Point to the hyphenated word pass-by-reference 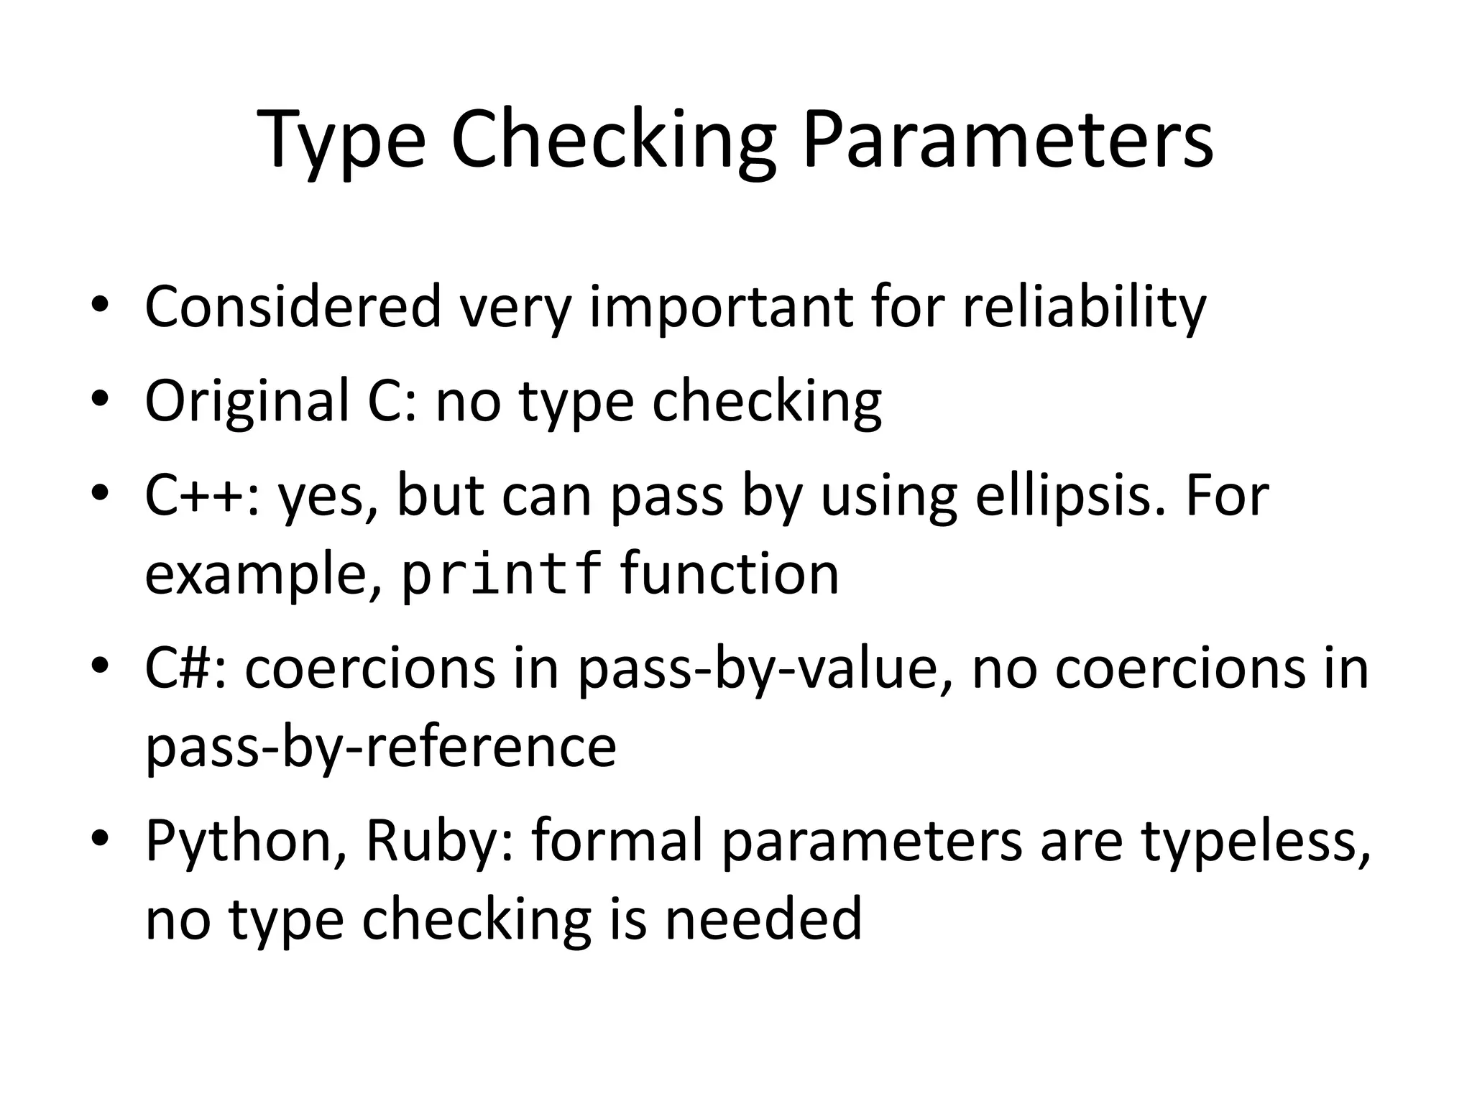coord(381,747)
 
